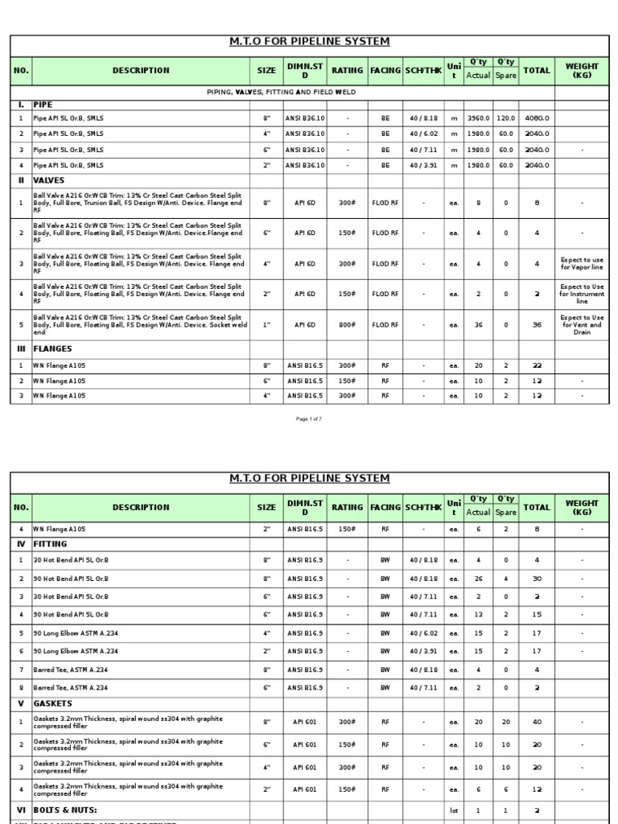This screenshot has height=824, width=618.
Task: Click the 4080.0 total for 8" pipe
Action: (x=537, y=118)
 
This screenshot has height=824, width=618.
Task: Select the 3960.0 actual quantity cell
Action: (x=478, y=118)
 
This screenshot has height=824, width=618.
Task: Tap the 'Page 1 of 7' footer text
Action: (x=309, y=419)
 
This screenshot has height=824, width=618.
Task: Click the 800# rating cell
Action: (x=348, y=325)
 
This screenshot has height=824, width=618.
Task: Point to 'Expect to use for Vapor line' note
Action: (x=582, y=264)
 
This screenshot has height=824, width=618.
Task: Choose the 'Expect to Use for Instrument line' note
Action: (x=582, y=294)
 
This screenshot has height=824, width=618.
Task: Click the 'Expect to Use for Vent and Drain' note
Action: (x=582, y=325)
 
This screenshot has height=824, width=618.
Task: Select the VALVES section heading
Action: (x=49, y=181)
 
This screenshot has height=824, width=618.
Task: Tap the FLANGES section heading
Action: (x=53, y=349)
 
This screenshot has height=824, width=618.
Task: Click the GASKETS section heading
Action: (x=53, y=703)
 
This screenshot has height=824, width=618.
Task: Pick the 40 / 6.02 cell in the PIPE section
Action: (x=423, y=134)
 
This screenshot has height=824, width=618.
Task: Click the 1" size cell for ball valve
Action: (x=266, y=325)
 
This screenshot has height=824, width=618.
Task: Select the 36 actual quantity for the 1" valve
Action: (x=478, y=325)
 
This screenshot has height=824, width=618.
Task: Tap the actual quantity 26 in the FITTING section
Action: (x=478, y=579)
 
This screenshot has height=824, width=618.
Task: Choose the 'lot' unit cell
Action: (x=454, y=810)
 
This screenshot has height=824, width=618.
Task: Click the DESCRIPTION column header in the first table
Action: (x=141, y=70)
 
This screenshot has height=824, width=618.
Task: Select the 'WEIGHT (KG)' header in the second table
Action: (x=582, y=507)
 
